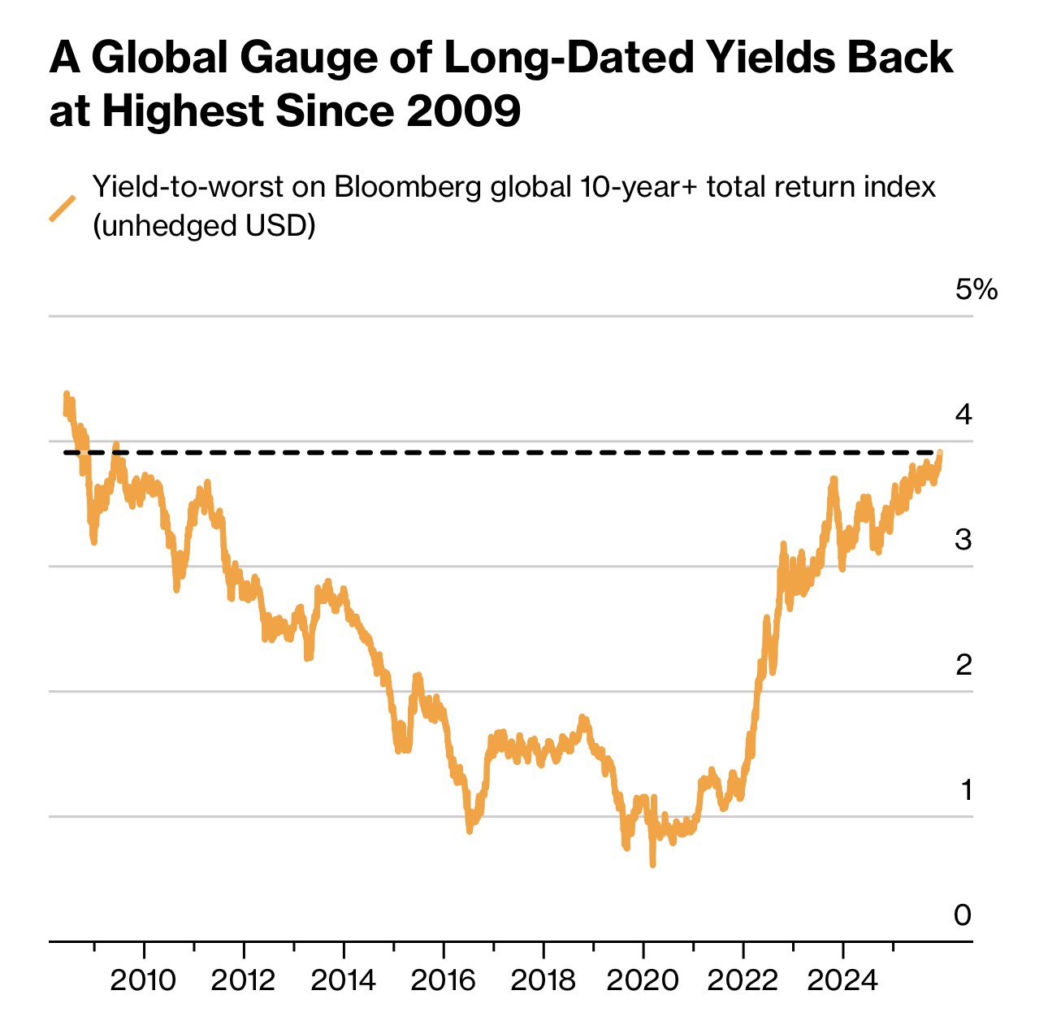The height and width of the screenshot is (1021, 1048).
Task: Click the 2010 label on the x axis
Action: point(143,980)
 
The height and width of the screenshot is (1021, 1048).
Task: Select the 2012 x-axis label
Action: point(243,980)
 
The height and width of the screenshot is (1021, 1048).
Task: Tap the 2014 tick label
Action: point(343,980)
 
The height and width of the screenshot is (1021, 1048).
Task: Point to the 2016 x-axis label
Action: point(443,980)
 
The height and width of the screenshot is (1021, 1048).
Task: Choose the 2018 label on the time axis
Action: point(543,980)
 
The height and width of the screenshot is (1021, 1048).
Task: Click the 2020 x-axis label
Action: point(643,980)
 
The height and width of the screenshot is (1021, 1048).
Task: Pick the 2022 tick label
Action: point(743,980)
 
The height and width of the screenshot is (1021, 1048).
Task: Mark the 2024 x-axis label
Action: point(842,980)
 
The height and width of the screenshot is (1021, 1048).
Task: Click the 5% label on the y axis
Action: point(976,289)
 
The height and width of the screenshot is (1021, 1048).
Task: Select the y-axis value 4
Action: point(964,415)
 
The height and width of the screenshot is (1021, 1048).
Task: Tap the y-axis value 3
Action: point(964,539)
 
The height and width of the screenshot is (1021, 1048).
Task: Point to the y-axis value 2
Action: point(964,664)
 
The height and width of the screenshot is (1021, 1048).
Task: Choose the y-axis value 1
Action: point(965,789)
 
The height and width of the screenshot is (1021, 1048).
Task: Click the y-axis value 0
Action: point(963,915)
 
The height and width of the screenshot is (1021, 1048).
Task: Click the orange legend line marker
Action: point(63,208)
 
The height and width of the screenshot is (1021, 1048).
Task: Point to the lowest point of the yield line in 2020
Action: point(652,865)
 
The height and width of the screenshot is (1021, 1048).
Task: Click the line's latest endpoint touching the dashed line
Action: point(940,453)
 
